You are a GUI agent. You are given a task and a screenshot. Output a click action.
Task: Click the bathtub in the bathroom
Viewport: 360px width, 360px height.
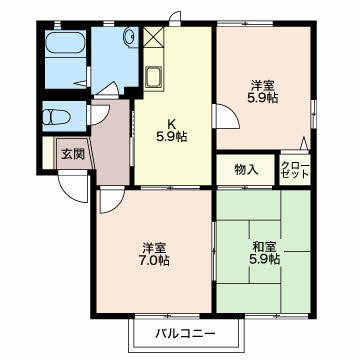pos(65,42)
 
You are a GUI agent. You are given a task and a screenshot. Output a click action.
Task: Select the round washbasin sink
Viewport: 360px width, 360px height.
pos(130,36)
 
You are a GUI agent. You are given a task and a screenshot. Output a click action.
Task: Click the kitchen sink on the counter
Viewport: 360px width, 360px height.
pos(154,77)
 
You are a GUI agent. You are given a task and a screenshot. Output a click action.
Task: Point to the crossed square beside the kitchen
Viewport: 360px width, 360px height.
pos(154,37)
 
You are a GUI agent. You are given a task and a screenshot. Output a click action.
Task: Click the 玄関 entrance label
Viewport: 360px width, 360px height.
pos(73,154)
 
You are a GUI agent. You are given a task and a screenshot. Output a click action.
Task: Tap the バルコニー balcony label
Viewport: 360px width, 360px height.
pos(186,333)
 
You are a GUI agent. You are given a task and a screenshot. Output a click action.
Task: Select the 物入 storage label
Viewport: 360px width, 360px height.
pos(246,170)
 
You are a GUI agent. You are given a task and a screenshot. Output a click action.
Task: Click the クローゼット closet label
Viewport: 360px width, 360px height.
pos(295,170)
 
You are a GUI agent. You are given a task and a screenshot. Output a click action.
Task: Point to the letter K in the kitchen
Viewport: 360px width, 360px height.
pos(172,124)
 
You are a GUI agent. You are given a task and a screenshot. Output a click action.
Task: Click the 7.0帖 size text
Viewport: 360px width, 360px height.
pos(154,260)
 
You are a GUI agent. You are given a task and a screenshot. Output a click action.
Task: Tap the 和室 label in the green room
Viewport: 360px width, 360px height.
pos(264,247)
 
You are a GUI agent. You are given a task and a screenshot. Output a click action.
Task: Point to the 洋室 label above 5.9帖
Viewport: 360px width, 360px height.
pos(263,86)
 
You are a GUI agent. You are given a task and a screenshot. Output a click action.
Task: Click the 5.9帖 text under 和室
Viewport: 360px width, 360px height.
pos(265,259)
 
